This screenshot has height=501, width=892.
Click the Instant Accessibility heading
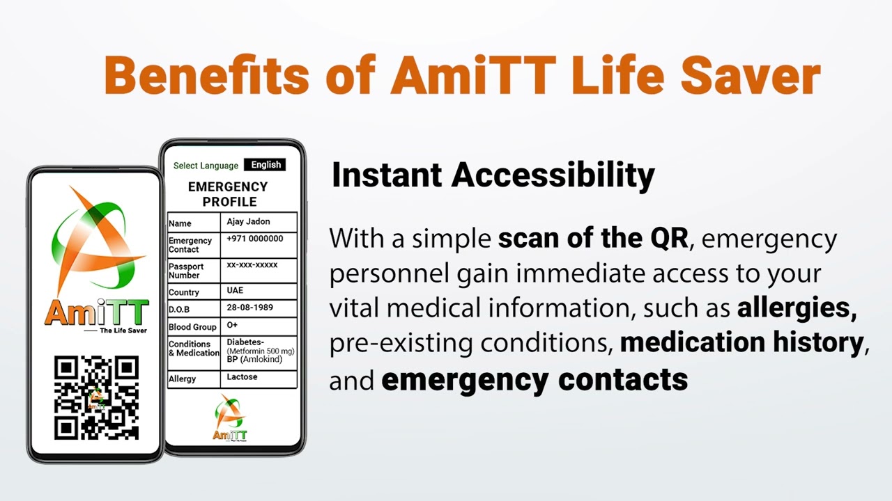click(493, 175)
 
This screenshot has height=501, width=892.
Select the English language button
click(266, 165)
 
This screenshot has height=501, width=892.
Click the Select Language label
click(206, 166)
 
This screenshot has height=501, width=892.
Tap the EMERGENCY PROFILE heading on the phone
click(228, 194)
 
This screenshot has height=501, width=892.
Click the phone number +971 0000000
click(255, 239)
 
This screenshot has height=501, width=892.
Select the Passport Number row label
click(186, 271)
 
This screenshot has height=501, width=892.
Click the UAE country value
click(235, 290)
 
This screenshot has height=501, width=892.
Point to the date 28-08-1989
click(250, 308)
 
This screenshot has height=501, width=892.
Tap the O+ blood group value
click(232, 325)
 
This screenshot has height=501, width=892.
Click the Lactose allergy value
click(242, 377)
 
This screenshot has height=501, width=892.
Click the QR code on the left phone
click(96, 397)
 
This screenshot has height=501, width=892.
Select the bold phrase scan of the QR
click(593, 239)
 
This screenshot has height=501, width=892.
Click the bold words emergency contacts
click(535, 380)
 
